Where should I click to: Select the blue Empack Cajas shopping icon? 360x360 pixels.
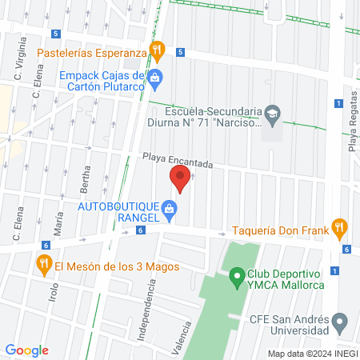click(x=156, y=78)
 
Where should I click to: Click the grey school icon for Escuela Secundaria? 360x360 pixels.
click(x=272, y=114)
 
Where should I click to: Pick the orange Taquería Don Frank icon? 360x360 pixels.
click(x=340, y=228)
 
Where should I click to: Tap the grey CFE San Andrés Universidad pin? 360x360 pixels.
click(x=340, y=323)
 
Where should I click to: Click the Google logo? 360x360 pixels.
click(x=26, y=350)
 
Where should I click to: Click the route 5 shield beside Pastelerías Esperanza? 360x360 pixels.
click(x=181, y=52)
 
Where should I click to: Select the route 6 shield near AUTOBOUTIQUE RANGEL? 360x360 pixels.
click(x=141, y=230)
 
